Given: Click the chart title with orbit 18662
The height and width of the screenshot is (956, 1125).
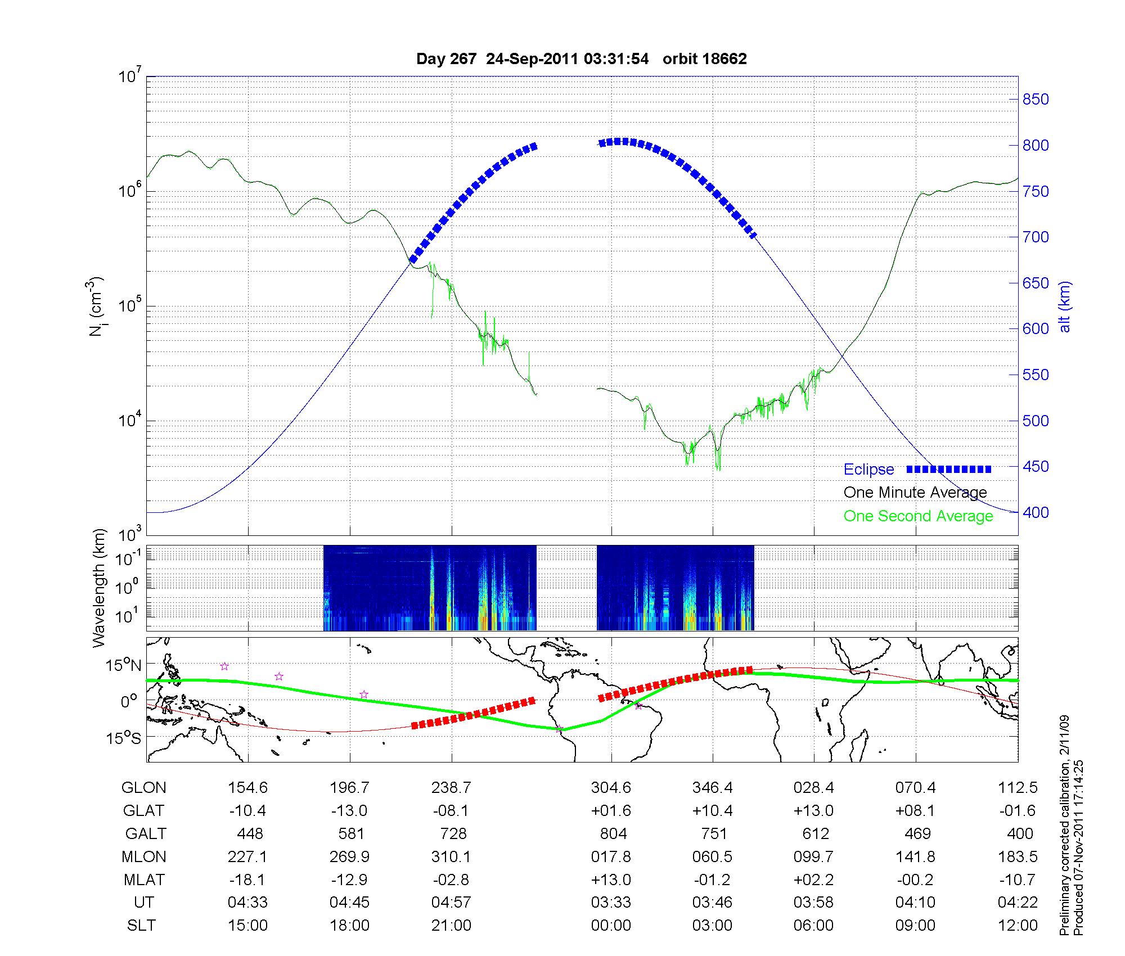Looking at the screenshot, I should (581, 59).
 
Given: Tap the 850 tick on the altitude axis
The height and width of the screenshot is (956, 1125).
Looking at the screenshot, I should (1036, 100).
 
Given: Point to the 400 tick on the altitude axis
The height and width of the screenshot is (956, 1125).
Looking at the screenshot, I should (1036, 512).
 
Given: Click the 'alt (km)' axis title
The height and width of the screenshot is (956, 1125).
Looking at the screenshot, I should (1065, 306).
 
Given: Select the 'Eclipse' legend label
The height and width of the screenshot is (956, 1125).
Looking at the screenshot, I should (868, 470).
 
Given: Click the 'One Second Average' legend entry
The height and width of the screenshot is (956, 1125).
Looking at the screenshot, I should (918, 516).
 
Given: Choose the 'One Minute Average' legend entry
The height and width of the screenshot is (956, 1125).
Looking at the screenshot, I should (915, 493).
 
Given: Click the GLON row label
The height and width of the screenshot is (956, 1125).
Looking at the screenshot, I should (143, 788).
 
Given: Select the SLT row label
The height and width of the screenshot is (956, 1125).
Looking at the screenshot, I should (141, 926).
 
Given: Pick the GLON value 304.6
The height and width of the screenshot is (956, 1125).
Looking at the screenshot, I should (611, 788).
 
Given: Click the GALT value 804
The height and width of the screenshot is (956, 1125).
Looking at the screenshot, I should (613, 833).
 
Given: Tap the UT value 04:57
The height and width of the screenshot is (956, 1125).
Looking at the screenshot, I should (451, 903).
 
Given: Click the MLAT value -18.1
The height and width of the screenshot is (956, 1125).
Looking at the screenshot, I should (247, 880).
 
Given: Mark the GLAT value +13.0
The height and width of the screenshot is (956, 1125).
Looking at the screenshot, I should (814, 811).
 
